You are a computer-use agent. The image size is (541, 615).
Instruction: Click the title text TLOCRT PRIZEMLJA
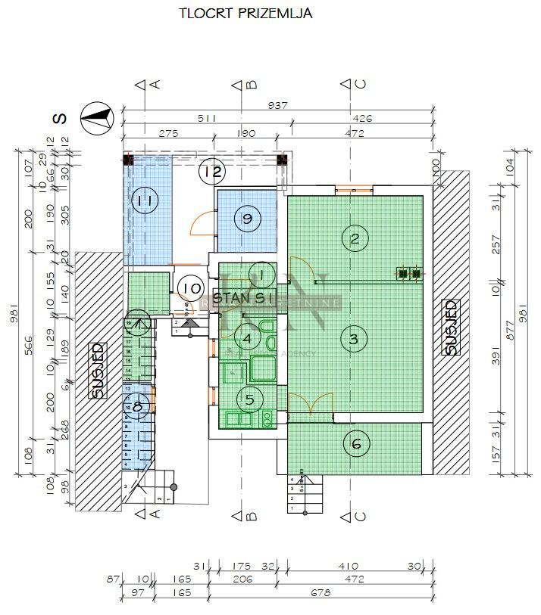245,13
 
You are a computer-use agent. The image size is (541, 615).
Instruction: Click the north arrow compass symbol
97,118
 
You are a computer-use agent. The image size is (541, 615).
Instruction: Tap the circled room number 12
213,172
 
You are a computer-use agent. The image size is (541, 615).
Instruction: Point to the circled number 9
246,219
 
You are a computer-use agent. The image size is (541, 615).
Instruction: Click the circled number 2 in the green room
354,239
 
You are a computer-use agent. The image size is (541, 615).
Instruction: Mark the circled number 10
192,288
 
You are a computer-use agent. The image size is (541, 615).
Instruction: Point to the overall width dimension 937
278,106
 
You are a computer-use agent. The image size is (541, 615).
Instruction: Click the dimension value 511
206,119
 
